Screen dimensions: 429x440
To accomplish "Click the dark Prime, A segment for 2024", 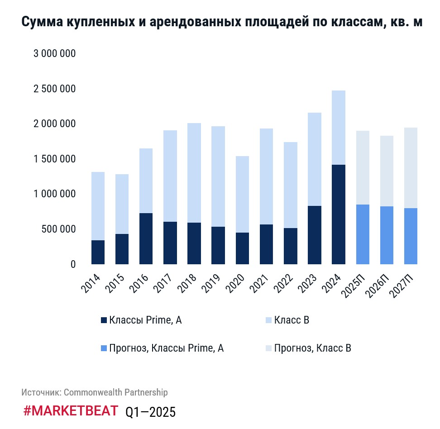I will point(339,214).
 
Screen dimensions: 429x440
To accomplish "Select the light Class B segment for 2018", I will point(194,173).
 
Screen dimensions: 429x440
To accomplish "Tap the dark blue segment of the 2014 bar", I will point(98,252).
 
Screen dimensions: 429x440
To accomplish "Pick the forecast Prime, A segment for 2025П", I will point(363,234).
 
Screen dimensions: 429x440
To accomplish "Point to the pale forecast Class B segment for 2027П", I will point(411,168).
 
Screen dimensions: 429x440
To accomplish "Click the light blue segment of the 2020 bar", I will point(242,195).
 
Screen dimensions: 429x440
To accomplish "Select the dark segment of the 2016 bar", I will point(146,238).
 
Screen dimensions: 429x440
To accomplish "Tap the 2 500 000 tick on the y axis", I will point(54,89).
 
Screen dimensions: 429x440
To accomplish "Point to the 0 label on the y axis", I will point(73,264).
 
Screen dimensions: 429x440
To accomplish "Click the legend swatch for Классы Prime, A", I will point(104,320).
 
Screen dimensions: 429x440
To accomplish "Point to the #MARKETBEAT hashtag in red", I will point(70,411).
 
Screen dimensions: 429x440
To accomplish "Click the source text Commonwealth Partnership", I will point(115,392).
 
